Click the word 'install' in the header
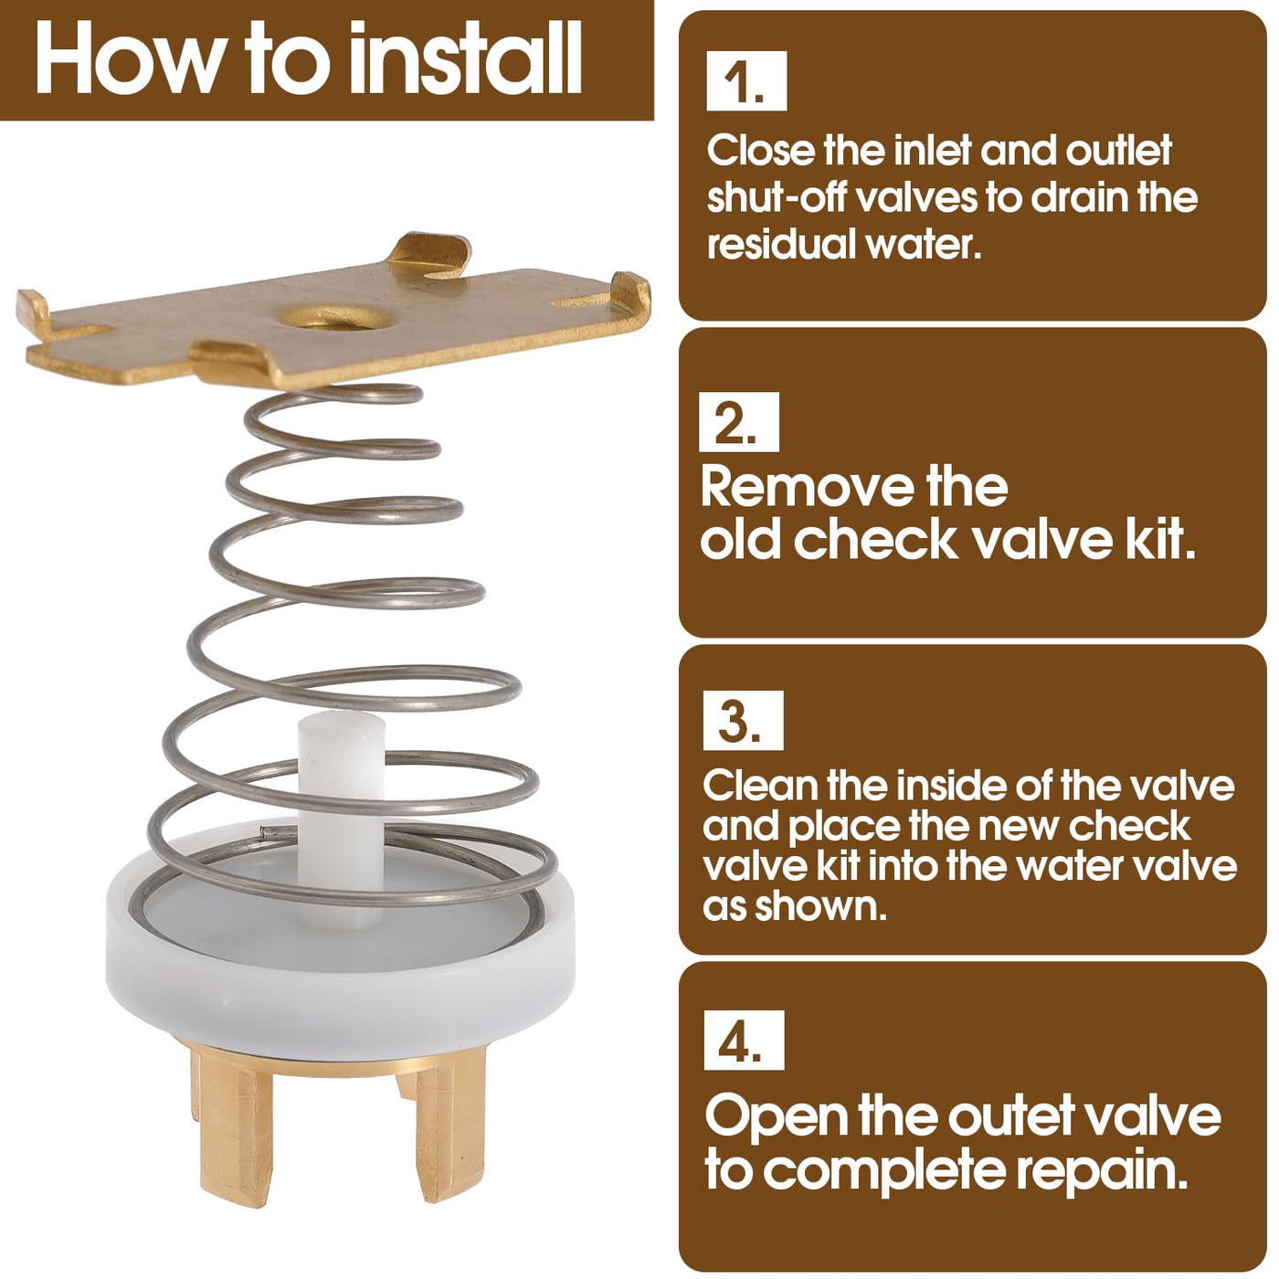(x=465, y=58)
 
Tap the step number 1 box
(x=746, y=80)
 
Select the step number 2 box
(x=739, y=422)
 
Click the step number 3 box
(x=744, y=720)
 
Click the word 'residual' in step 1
(x=781, y=244)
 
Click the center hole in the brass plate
(x=332, y=317)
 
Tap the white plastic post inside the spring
(x=341, y=819)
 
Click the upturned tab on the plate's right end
(x=630, y=292)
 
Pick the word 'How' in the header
(x=122, y=58)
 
